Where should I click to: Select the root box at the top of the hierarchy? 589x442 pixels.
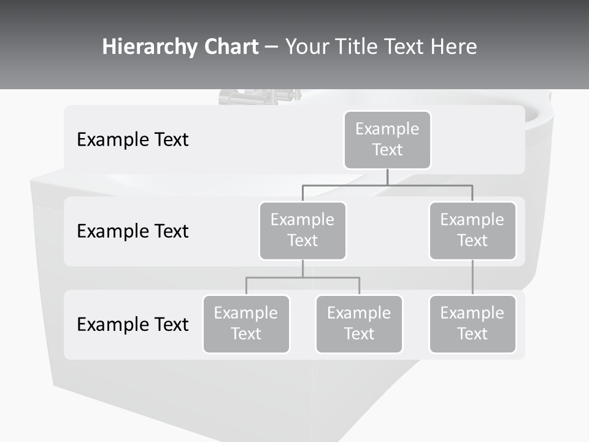pyautogui.click(x=387, y=139)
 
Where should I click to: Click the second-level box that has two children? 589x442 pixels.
pyautogui.click(x=302, y=230)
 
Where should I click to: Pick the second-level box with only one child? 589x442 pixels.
pyautogui.click(x=472, y=230)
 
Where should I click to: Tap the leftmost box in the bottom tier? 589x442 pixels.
pyautogui.click(x=246, y=324)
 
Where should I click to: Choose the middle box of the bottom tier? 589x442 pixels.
pyautogui.click(x=359, y=324)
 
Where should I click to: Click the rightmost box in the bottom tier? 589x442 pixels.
pyautogui.click(x=472, y=324)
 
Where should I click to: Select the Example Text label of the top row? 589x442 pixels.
pyautogui.click(x=133, y=140)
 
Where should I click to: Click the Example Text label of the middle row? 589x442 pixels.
pyautogui.click(x=133, y=231)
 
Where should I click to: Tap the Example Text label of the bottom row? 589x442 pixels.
pyautogui.click(x=133, y=324)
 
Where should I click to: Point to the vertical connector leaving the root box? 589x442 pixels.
pyautogui.click(x=387, y=177)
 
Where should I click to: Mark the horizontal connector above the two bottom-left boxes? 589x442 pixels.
pyautogui.click(x=302, y=277)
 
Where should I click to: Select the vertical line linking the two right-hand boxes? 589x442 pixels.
pyautogui.click(x=472, y=277)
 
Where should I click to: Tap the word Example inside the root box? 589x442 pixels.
pyautogui.click(x=387, y=129)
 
